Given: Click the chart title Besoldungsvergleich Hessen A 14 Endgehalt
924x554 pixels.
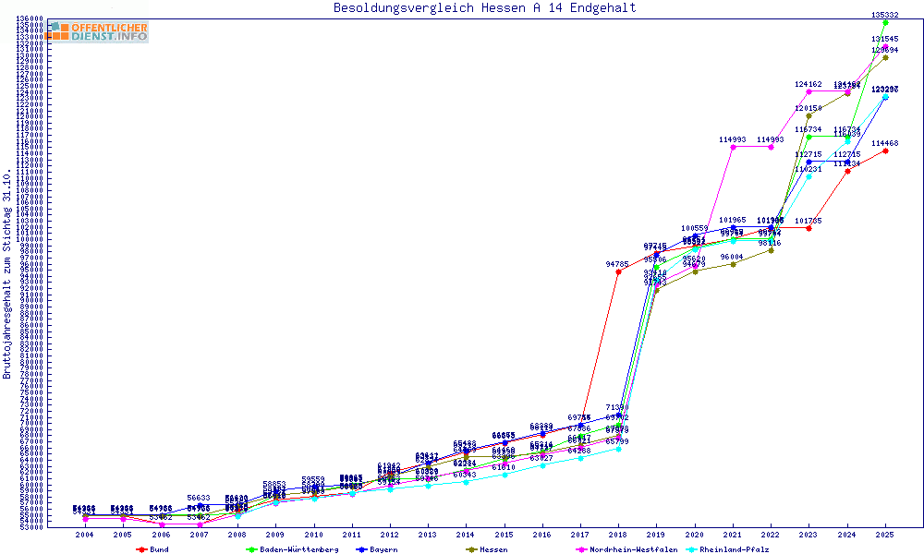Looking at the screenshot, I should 484,8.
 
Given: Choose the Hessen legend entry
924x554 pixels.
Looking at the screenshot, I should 493,549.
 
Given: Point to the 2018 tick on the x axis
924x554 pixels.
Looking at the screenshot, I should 617,535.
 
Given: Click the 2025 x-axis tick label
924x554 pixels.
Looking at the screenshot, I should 885,535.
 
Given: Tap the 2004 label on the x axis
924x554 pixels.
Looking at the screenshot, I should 85,535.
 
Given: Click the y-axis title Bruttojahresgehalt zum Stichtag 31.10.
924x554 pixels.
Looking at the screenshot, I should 8,274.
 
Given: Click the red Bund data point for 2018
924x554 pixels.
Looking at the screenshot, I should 618,271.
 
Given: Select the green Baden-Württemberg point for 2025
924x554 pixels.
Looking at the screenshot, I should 885,23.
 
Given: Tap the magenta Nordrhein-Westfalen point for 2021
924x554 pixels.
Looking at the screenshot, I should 733,147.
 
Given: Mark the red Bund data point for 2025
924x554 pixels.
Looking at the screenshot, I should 885,151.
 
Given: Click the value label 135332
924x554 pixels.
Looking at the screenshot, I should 885,15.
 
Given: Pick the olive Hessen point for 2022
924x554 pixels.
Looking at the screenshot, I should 771,250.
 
